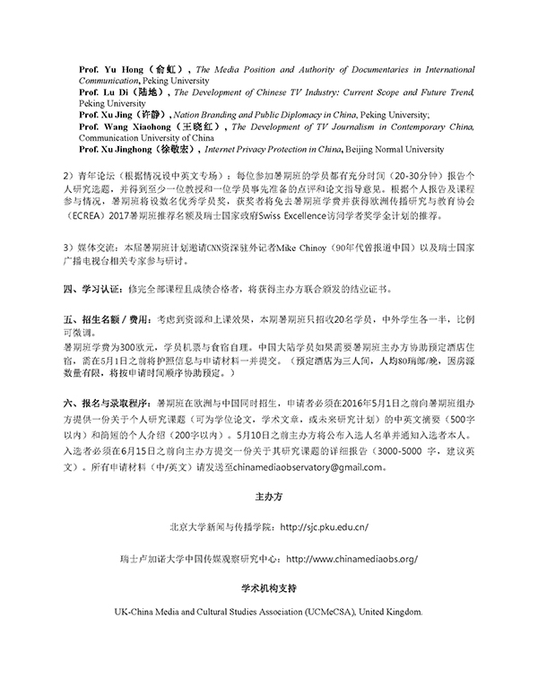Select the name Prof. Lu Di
tap(101, 91)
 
